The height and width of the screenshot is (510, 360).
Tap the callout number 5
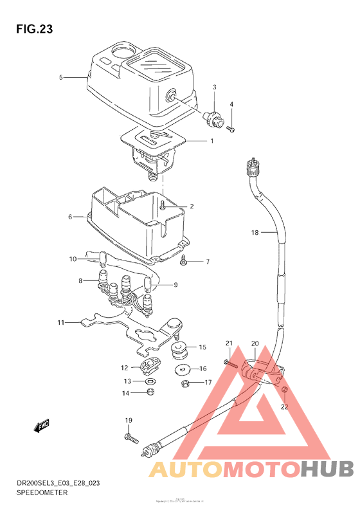[x=61, y=77]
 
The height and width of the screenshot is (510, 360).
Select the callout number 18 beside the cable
[x=255, y=233]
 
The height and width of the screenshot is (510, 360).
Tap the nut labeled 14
[x=149, y=392]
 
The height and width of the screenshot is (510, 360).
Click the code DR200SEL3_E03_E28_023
[x=53, y=482]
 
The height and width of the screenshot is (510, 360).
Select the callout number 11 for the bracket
[x=60, y=322]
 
